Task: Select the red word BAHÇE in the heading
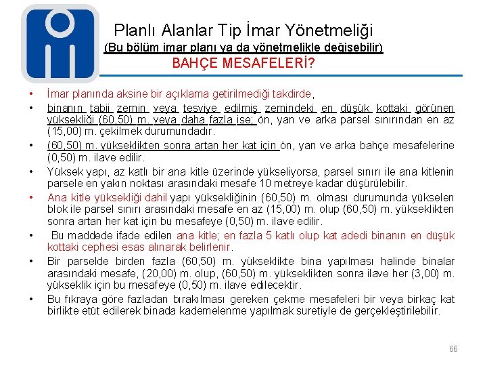click(x=195, y=64)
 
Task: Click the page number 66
click(x=453, y=349)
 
